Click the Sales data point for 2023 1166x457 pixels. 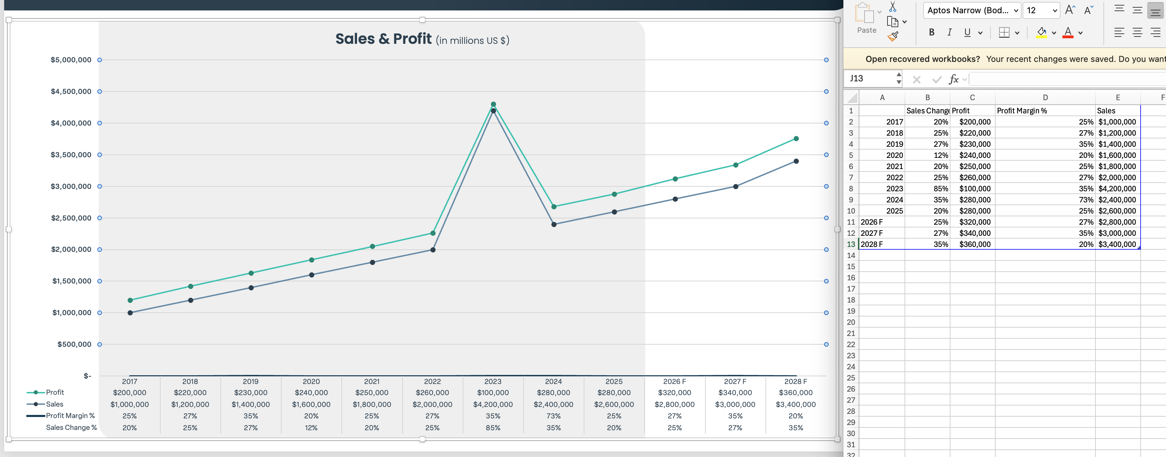coord(493,111)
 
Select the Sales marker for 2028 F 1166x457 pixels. coord(796,161)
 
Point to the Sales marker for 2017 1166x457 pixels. coord(130,313)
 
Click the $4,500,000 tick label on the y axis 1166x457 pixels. coord(71,91)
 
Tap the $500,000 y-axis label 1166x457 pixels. coord(74,344)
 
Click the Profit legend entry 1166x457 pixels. coord(55,392)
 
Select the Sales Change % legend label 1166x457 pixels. coord(71,427)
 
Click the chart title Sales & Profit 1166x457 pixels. coord(383,39)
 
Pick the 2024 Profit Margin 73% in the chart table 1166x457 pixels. coord(553,416)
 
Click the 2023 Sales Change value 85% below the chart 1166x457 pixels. coord(493,427)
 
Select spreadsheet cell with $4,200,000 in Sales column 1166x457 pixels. coord(1117,189)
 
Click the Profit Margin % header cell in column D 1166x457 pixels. coord(1022,111)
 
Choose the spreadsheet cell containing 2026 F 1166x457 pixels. coord(872,222)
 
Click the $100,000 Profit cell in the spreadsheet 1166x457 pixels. coord(974,189)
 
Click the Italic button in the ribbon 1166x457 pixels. coord(949,32)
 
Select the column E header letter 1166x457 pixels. coord(1118,97)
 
